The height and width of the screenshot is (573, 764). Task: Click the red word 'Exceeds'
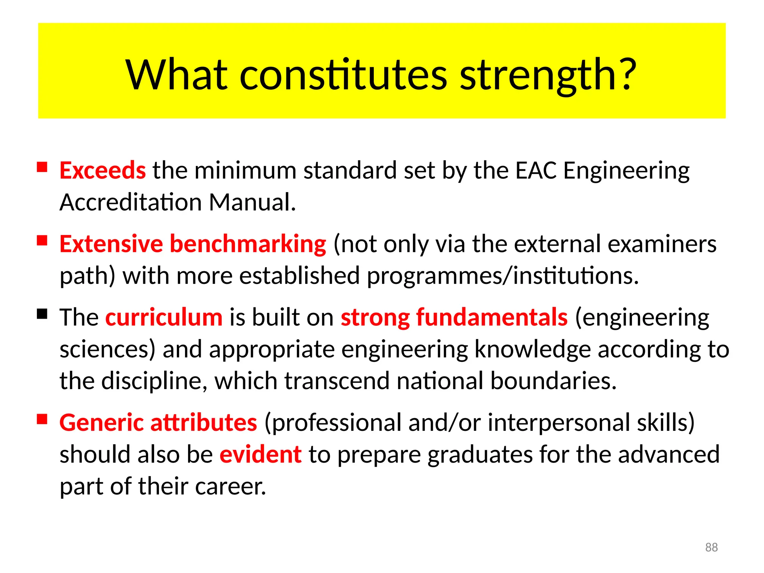point(103,170)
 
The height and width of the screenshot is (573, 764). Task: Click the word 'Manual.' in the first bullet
point(253,203)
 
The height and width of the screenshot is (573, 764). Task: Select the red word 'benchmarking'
point(248,244)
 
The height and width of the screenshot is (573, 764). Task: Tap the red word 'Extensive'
point(111,244)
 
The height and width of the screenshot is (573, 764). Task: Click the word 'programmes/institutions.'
point(503,276)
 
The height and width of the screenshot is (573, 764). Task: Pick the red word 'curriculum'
point(164,317)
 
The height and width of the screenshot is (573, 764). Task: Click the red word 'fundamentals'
point(492,317)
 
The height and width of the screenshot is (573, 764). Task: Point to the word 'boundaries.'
point(553,381)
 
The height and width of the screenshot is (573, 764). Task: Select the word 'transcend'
point(337,381)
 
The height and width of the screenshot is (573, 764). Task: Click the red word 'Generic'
point(101,423)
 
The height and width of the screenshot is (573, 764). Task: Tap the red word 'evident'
point(260,455)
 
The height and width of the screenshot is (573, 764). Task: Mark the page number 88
point(711,547)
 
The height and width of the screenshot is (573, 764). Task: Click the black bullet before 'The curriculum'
point(42,314)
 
